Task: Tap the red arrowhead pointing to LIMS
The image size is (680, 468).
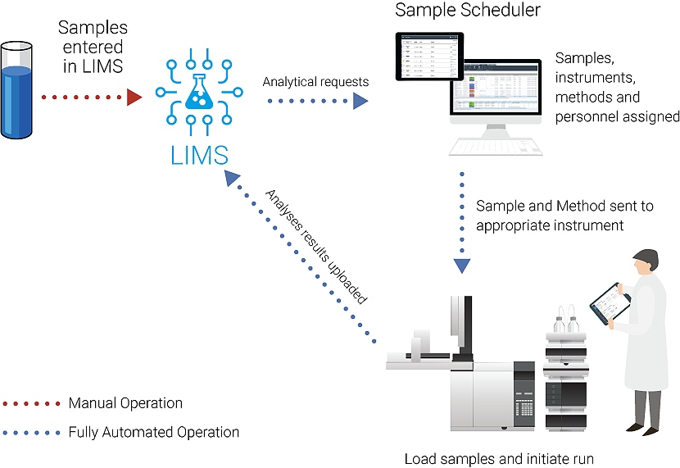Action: [134, 98]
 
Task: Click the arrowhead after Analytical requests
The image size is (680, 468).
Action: [360, 101]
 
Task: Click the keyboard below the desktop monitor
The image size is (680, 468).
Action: [492, 147]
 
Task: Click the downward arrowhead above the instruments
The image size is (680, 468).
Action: [463, 266]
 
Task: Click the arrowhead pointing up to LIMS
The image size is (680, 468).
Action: [233, 179]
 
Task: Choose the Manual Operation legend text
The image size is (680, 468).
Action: [125, 403]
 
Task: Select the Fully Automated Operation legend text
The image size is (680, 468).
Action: [154, 432]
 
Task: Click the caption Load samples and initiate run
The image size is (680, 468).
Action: [499, 458]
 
